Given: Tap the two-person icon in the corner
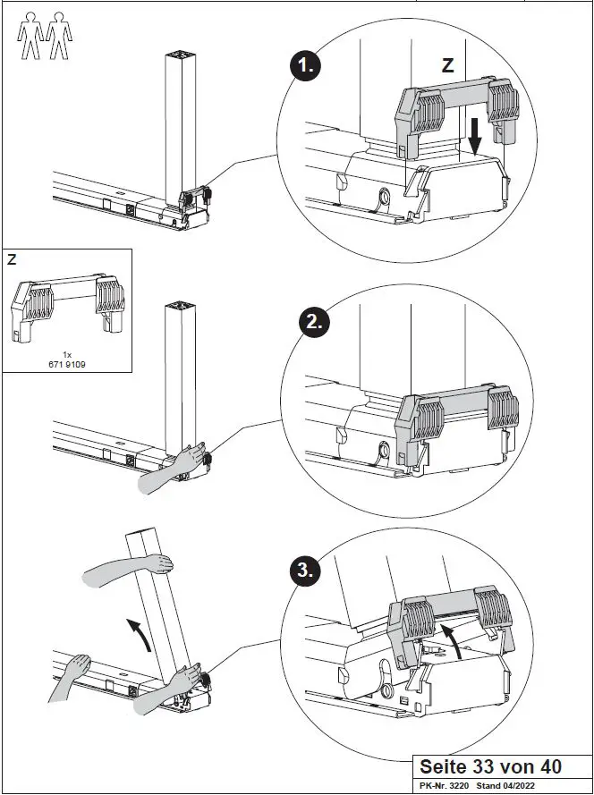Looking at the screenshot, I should pyautogui.click(x=44, y=36).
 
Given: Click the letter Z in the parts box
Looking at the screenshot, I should pyautogui.click(x=12, y=260).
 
